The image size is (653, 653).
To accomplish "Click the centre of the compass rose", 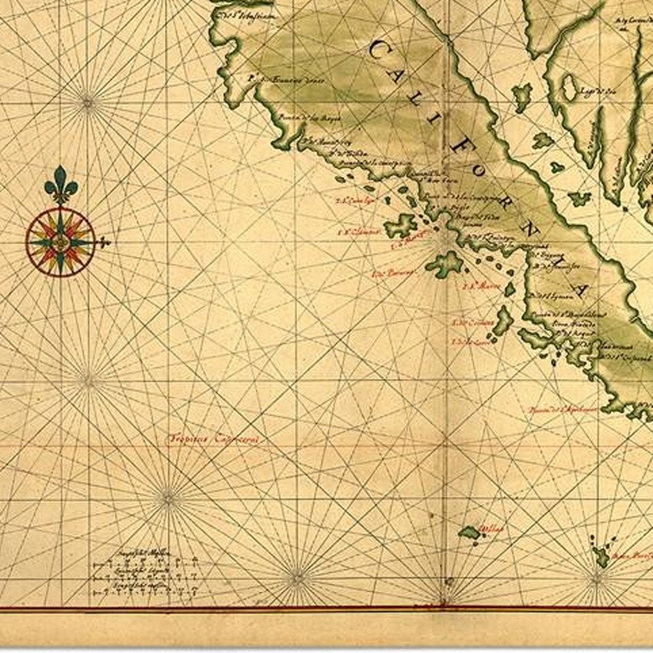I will [x=61, y=242].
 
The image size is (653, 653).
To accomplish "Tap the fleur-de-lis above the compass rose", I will [x=61, y=183].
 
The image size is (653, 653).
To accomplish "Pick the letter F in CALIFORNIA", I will [x=458, y=147].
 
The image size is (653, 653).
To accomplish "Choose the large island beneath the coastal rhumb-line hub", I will [x=445, y=264].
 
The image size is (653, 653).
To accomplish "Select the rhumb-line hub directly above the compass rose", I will [x=87, y=100].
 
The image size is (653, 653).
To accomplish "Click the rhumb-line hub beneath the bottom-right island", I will [x=597, y=577].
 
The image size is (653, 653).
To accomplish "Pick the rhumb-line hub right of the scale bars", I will [x=298, y=577].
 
